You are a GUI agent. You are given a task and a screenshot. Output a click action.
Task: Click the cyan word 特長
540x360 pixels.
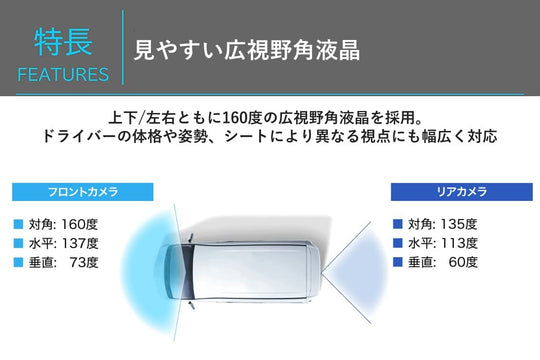(x=63, y=42)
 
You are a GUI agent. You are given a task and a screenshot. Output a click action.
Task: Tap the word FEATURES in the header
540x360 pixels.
(x=63, y=75)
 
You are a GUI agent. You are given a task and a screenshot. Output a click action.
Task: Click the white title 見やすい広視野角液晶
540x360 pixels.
(x=247, y=50)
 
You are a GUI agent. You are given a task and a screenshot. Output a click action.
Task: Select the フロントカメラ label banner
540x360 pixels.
(x=83, y=192)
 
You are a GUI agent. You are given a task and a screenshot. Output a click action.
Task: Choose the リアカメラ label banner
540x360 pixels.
(x=462, y=192)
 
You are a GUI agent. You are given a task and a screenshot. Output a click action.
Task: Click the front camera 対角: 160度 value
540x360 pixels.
(x=63, y=225)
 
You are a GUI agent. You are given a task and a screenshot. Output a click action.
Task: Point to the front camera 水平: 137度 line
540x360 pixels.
(x=64, y=244)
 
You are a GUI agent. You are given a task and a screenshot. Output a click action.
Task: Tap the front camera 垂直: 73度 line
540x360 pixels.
(x=64, y=263)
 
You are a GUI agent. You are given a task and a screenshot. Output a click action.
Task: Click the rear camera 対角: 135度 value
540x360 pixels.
(x=443, y=224)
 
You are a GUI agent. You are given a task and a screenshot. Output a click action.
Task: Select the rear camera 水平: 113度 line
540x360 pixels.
(x=443, y=243)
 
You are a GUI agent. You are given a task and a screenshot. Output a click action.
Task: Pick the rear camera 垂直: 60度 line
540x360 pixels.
(x=443, y=262)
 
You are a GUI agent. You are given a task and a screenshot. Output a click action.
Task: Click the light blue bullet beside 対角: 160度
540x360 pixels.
(x=18, y=224)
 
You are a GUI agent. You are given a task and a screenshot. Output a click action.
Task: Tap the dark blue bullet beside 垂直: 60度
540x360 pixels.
(x=398, y=262)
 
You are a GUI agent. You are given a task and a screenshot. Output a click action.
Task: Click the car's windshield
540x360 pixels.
(x=187, y=272)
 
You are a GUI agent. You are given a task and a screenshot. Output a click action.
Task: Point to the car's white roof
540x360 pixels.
(x=250, y=272)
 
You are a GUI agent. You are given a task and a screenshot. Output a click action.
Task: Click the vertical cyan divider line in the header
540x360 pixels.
(x=123, y=47)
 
